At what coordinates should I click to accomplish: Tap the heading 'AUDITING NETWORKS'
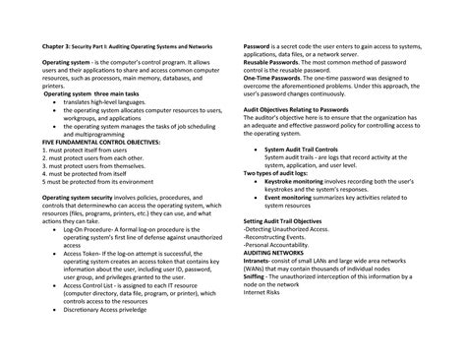pos(274,251)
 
